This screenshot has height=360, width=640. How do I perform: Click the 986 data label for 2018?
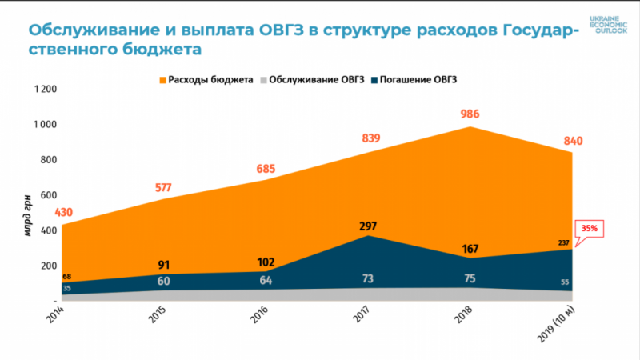pos(470,114)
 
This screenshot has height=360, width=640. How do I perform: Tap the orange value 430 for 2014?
pos(65,213)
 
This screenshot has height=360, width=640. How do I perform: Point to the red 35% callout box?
pos(589,228)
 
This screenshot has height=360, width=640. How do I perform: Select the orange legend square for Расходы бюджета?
pos(162,80)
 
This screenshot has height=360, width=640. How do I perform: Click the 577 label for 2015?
pos(163,188)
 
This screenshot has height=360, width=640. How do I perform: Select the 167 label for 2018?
pos(470,249)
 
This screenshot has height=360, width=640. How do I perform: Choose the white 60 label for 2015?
pos(163,281)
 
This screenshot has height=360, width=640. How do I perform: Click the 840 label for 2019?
pos(573,142)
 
